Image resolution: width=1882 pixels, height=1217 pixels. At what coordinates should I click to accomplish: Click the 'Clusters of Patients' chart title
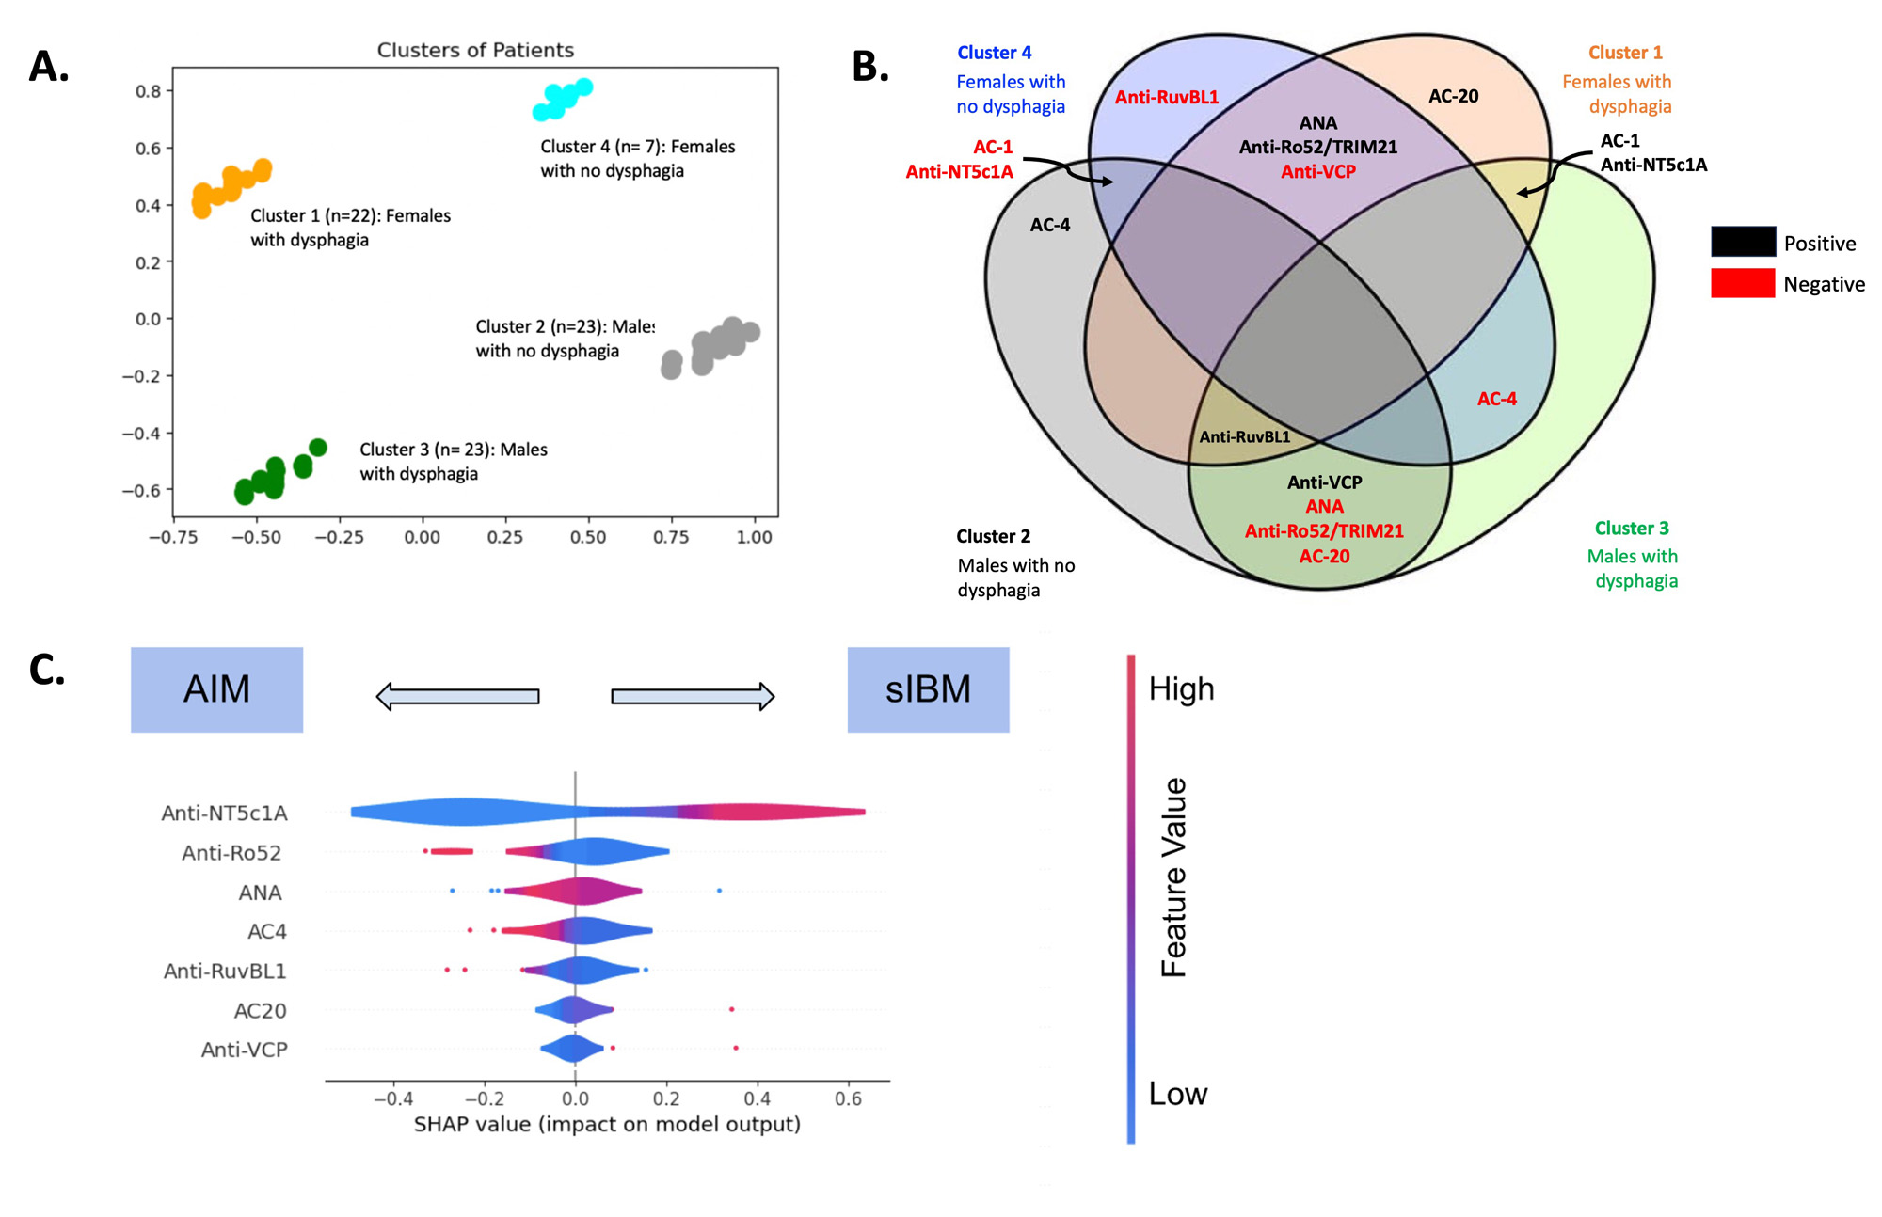(x=475, y=50)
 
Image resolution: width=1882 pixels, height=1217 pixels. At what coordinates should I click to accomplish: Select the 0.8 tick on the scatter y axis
(x=149, y=91)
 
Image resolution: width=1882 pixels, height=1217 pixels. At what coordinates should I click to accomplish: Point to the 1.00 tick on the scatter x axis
(x=754, y=537)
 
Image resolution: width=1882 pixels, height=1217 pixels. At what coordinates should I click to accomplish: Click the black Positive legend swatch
(x=1743, y=242)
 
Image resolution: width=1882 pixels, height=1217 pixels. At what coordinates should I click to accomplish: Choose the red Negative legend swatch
(x=1743, y=283)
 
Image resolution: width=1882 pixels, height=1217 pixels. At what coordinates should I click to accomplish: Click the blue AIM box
(x=216, y=689)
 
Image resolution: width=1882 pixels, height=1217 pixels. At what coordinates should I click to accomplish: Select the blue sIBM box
(x=928, y=689)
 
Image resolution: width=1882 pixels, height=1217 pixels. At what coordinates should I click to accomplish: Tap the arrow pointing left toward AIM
(x=457, y=696)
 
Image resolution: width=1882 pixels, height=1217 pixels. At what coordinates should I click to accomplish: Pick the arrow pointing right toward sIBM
(x=693, y=696)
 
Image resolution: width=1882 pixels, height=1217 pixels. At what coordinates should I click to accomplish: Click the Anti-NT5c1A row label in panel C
(x=224, y=814)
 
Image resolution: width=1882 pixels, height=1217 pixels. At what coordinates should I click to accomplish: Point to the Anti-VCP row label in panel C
(x=244, y=1050)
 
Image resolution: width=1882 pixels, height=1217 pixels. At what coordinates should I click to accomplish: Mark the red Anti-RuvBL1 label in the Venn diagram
(x=1166, y=97)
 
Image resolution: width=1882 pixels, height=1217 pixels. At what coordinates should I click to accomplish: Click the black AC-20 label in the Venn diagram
(x=1453, y=96)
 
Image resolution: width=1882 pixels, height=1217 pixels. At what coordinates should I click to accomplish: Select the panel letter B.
(x=869, y=67)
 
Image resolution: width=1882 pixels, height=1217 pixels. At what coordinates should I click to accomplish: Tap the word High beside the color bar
(x=1181, y=689)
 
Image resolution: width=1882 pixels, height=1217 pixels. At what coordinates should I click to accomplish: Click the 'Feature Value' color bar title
(x=1173, y=877)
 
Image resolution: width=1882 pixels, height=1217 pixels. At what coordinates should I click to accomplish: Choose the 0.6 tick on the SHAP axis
(x=848, y=1099)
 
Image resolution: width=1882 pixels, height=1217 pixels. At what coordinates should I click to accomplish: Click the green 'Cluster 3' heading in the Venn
(x=1631, y=529)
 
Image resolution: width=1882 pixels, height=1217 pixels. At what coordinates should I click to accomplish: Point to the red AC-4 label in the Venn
(x=1496, y=399)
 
